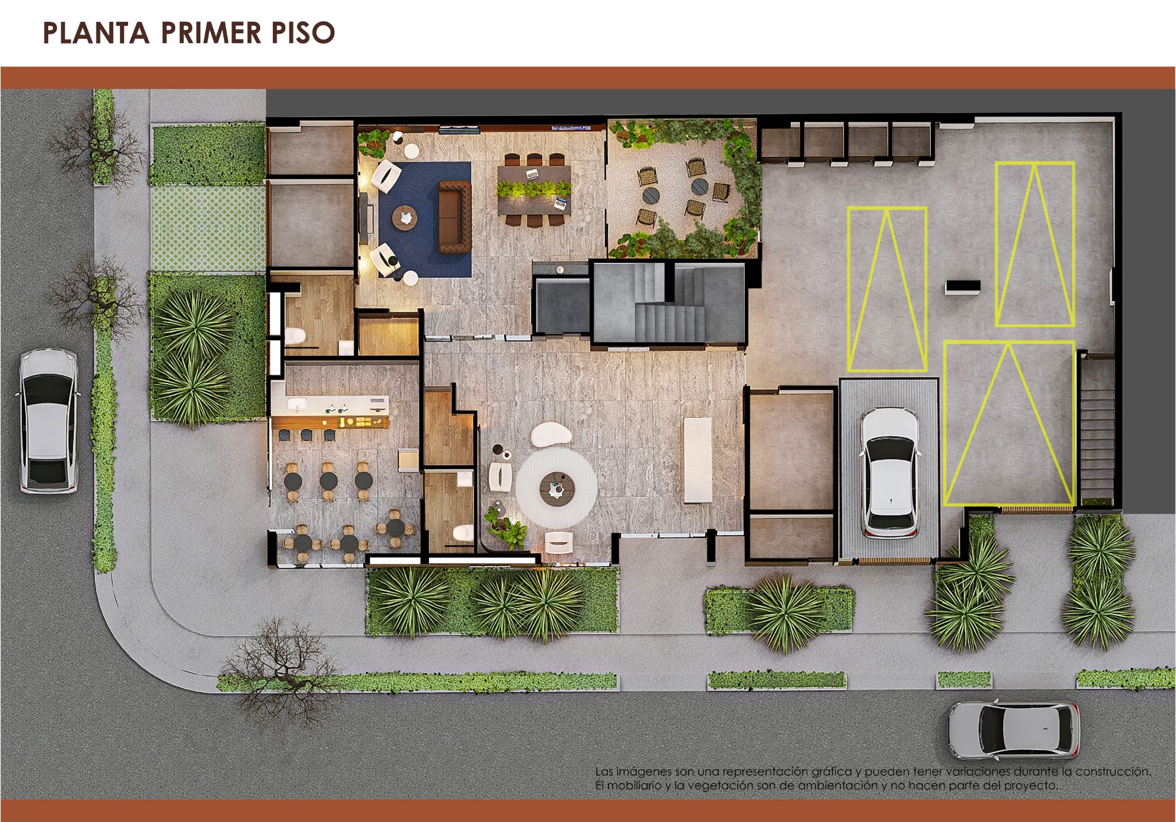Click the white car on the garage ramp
tap(889, 473)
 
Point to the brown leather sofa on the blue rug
tap(454, 216)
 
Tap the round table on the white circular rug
tap(557, 487)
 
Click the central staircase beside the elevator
tap(669, 303)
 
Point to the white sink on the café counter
tap(297, 405)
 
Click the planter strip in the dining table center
tap(534, 189)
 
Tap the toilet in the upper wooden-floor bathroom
tap(296, 335)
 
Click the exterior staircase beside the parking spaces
tap(1097, 431)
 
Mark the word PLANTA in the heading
tap(96, 33)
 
